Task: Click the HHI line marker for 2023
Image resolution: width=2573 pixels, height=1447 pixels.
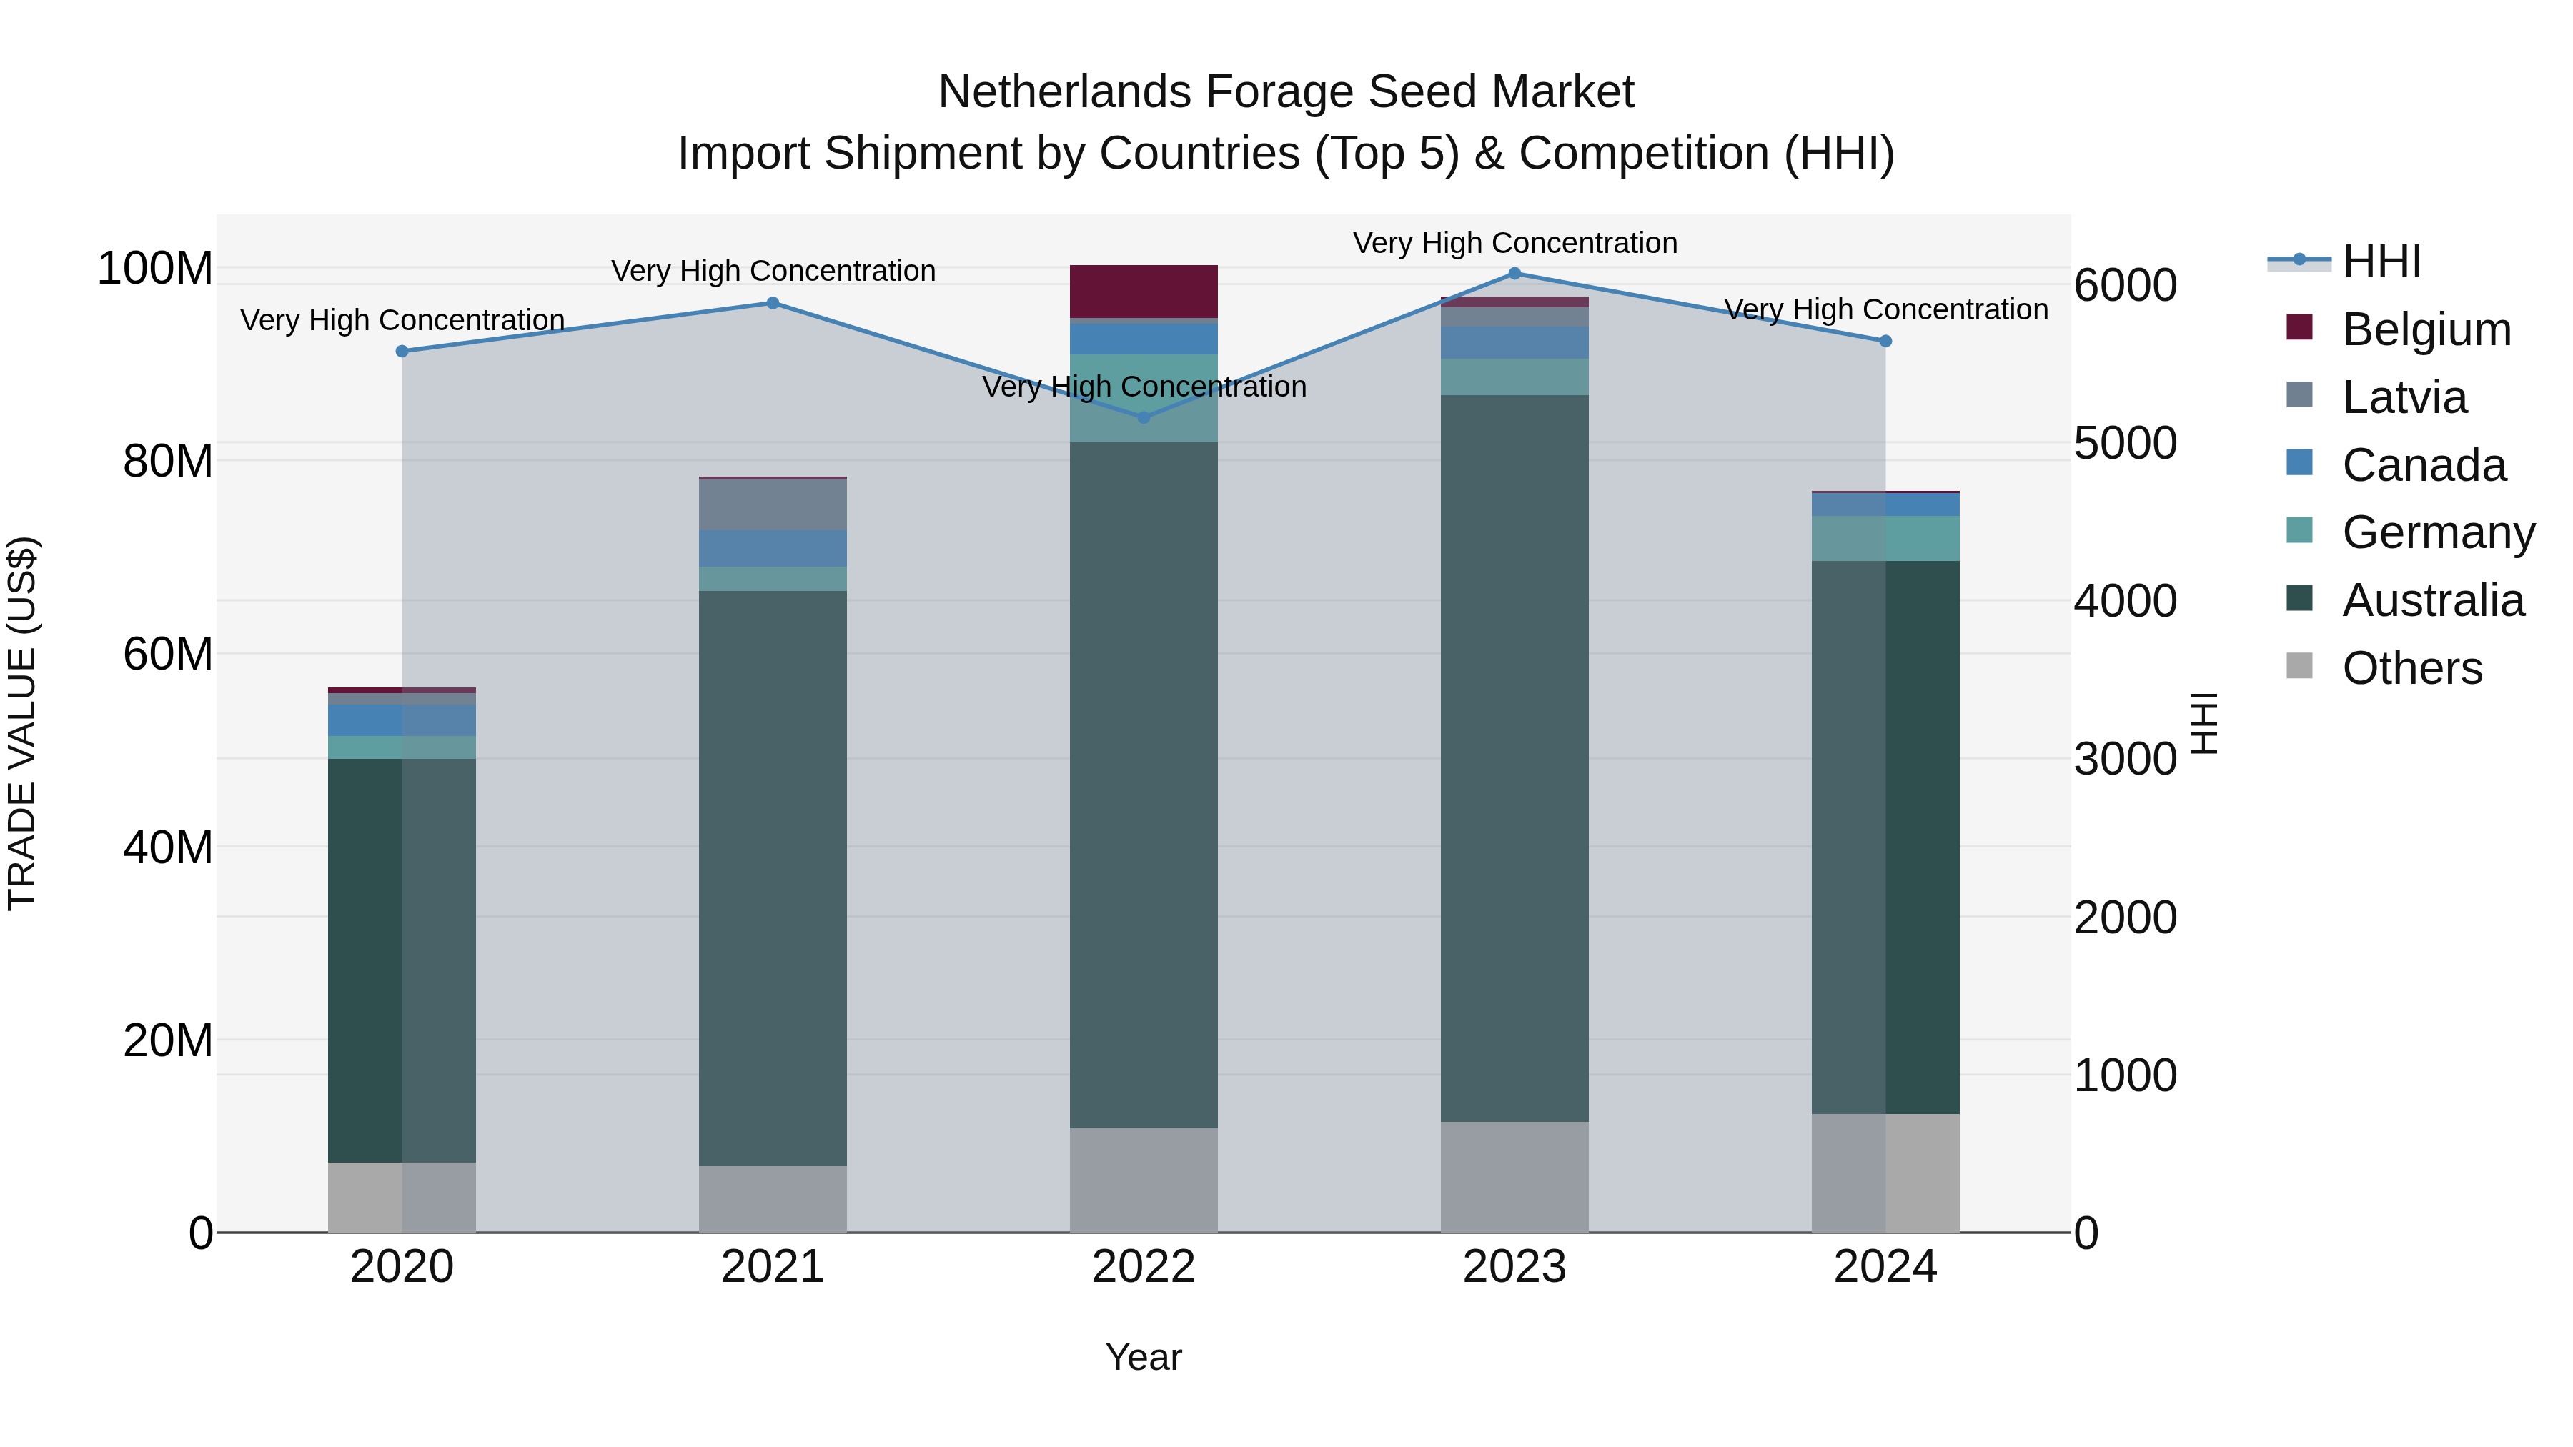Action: [1514, 274]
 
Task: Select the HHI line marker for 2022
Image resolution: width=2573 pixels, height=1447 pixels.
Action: [1144, 417]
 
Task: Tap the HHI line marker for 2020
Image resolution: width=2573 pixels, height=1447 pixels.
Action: [402, 352]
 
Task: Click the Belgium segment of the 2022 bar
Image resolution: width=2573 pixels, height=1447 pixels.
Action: [1144, 292]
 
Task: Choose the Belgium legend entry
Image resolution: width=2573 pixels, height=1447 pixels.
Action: [2426, 329]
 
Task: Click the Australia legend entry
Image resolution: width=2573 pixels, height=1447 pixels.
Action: [2432, 600]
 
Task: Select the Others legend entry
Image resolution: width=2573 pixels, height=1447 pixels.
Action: [2411, 668]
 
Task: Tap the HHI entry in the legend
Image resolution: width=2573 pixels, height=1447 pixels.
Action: [2381, 262]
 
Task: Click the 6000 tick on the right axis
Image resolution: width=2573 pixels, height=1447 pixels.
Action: [2126, 286]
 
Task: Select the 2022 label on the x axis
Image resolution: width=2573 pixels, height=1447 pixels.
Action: [1144, 1267]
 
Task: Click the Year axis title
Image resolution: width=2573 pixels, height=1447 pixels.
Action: [1144, 1357]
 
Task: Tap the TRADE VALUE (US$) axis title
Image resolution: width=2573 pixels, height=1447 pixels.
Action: [22, 723]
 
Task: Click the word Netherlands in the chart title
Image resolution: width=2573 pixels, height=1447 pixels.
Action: [1064, 92]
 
